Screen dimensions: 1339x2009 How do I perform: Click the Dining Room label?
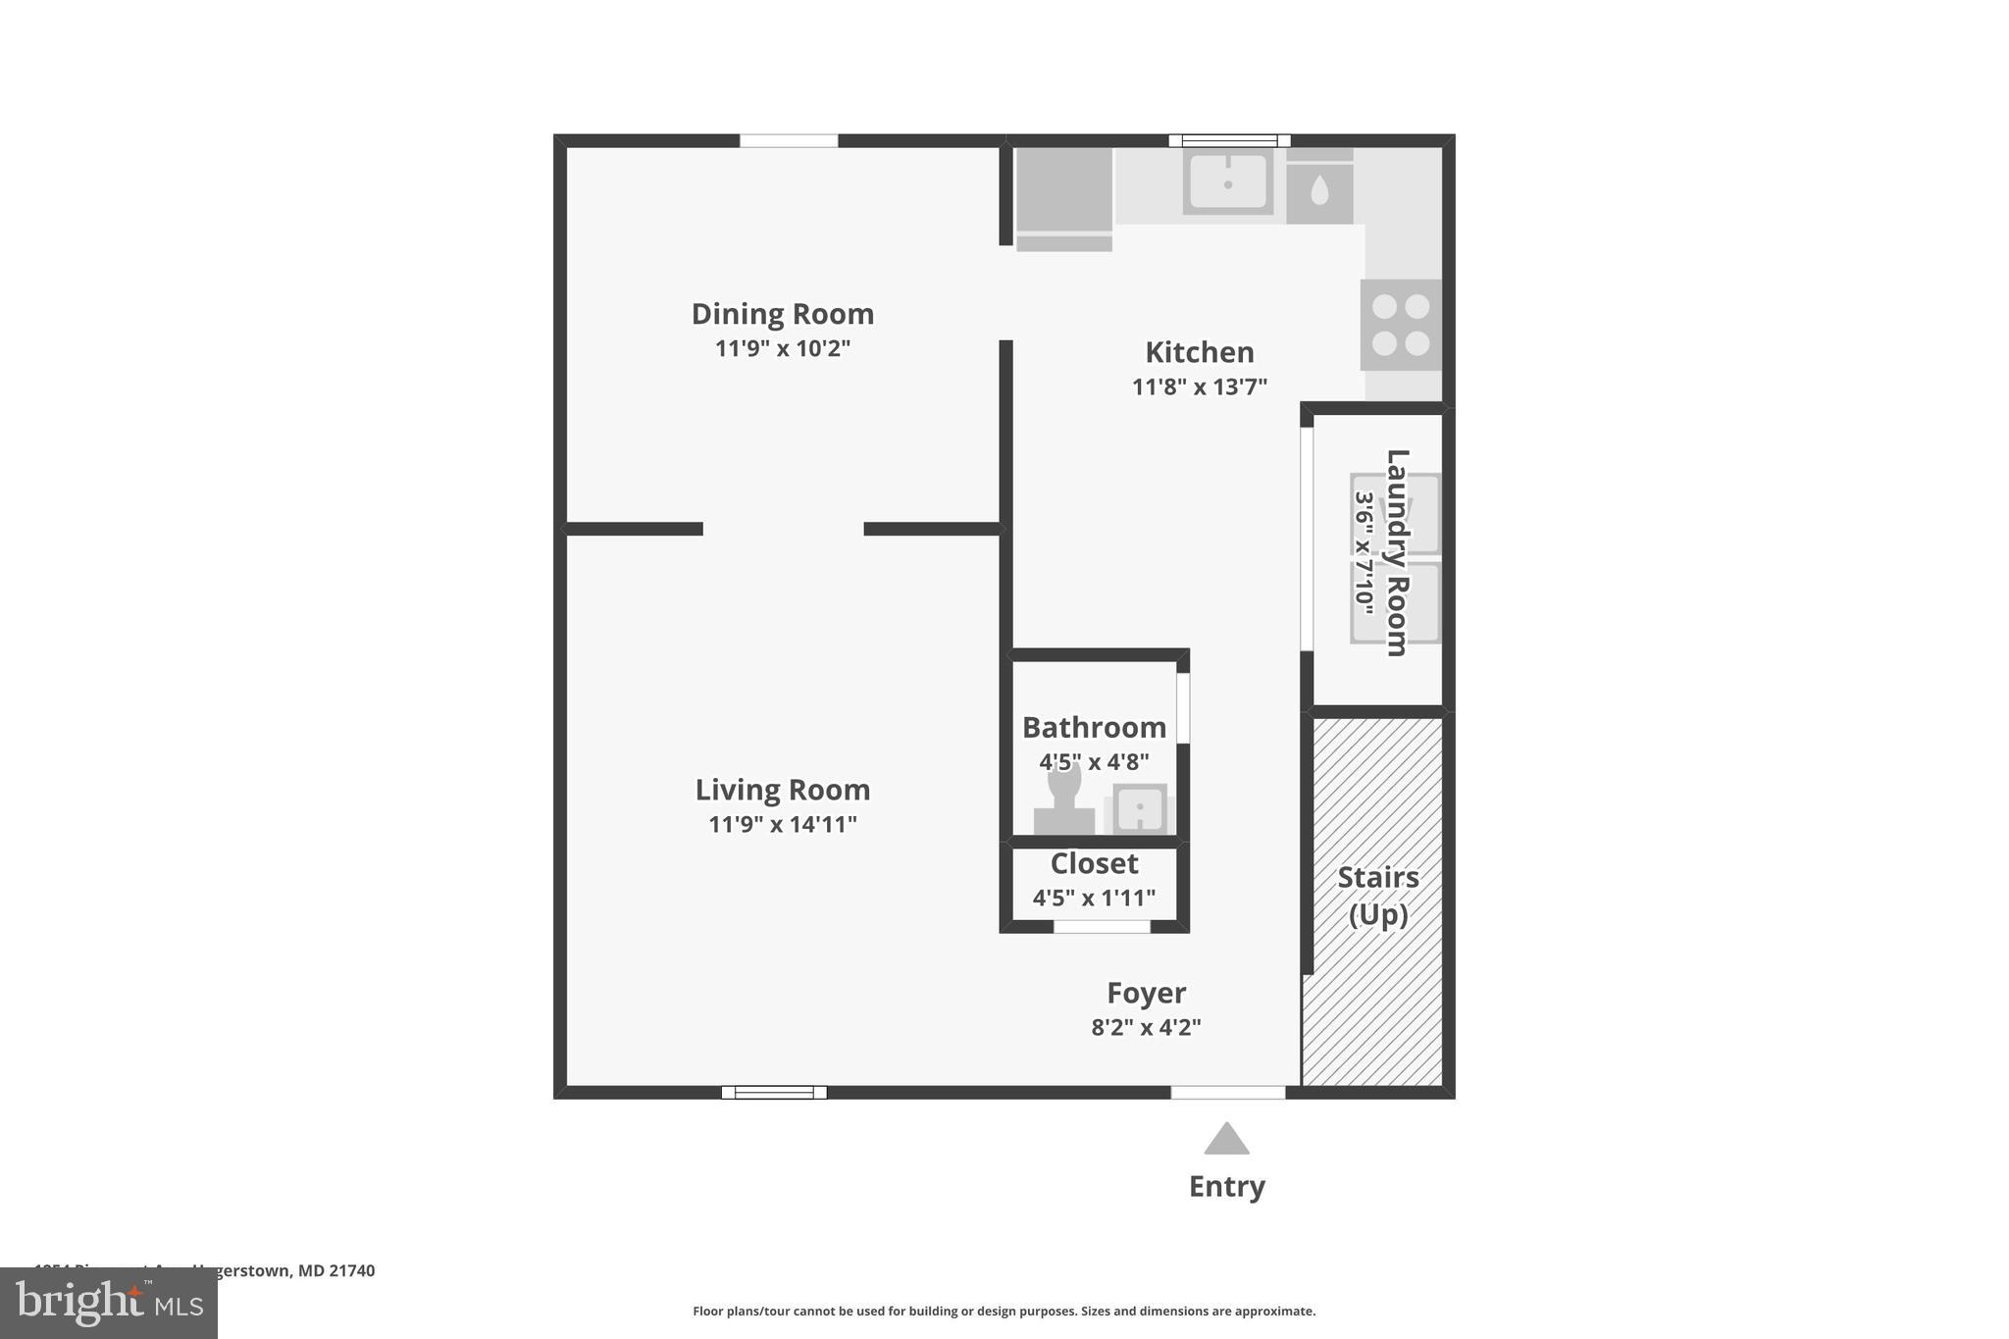point(782,314)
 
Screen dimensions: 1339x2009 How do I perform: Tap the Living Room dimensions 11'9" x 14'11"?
point(782,824)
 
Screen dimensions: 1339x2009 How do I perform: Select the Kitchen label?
point(1199,352)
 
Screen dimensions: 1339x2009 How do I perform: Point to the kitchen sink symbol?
point(1227,181)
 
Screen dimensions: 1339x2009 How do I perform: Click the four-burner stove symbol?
point(1401,325)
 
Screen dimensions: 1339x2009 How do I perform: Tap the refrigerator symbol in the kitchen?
point(1063,196)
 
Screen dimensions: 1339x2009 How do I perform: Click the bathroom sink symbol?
point(1140,810)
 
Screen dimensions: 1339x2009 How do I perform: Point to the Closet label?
point(1094,863)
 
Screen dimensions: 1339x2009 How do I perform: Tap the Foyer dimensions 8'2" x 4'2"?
point(1146,1027)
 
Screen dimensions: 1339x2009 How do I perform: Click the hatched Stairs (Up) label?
point(1378,895)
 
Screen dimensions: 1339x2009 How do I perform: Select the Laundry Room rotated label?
point(1397,552)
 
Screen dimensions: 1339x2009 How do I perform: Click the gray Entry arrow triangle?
point(1226,1140)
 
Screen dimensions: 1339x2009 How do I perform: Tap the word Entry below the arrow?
point(1226,1186)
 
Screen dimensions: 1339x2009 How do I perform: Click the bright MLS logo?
point(109,1303)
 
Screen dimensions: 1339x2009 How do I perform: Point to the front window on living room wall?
point(774,1092)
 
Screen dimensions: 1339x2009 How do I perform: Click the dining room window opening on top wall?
point(789,141)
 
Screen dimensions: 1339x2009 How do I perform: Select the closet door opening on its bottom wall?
point(1102,926)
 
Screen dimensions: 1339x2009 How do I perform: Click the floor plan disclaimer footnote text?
point(1004,1311)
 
